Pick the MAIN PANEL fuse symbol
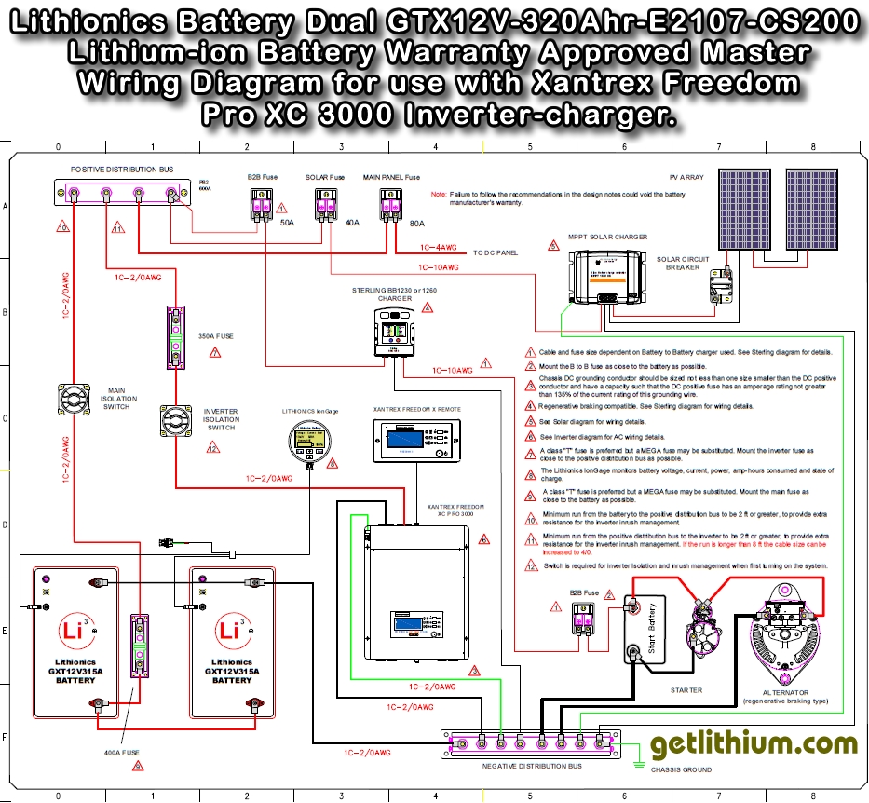[391, 205]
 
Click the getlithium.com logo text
[740, 743]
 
